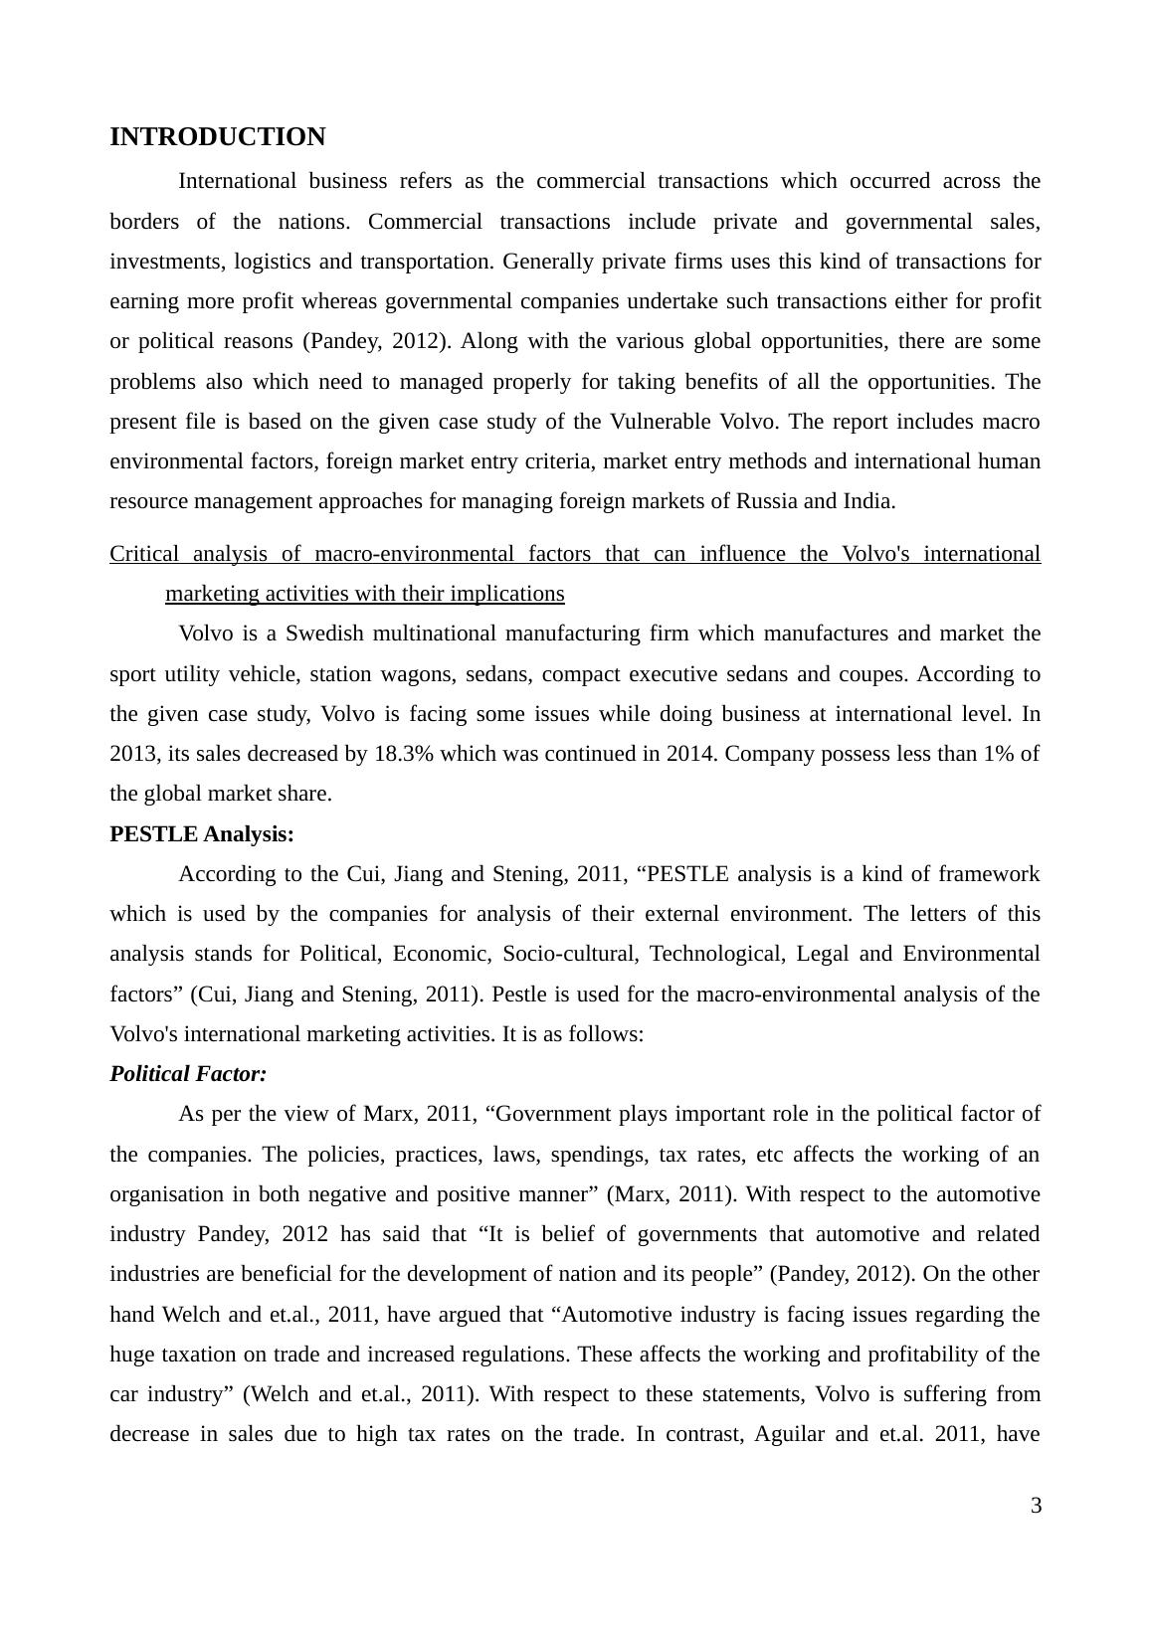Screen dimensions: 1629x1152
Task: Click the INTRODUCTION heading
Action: tap(217, 137)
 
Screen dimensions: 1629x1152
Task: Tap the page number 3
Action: tap(1036, 1506)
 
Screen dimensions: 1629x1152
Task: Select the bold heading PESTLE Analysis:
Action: tap(202, 834)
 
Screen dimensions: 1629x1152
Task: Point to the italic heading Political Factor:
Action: tap(188, 1074)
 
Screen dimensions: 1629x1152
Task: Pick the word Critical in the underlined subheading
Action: tap(144, 554)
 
